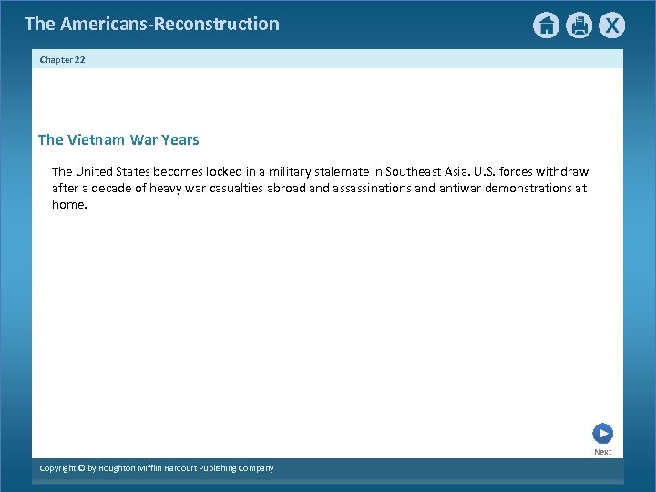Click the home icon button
tap(546, 26)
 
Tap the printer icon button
tap(579, 26)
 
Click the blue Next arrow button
tap(602, 434)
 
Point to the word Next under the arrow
tap(603, 452)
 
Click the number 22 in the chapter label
tap(79, 59)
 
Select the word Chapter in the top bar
tap(56, 59)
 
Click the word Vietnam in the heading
tap(97, 140)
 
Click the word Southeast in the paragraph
tap(415, 171)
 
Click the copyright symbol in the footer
tap(81, 468)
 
